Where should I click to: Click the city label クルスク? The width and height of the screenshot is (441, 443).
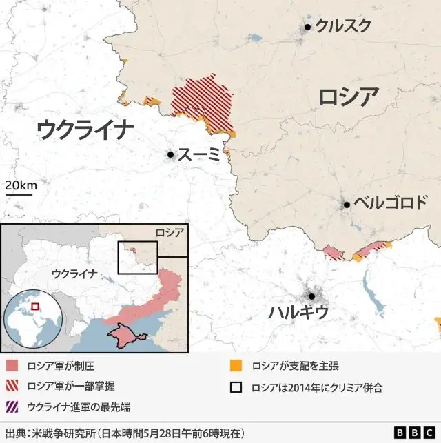pos(343,26)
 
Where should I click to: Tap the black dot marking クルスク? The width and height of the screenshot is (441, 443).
pos(308,27)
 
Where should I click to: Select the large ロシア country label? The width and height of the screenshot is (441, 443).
pos(348,97)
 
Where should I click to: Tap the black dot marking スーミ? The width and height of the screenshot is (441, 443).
pos(170,155)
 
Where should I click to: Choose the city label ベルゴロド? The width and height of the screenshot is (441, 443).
pos(391,204)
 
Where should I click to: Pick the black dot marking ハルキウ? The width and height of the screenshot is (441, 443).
pos(312,296)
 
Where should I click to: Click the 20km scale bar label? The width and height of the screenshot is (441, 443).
pos(21,185)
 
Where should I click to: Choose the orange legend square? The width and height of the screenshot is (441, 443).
pos(236,366)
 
